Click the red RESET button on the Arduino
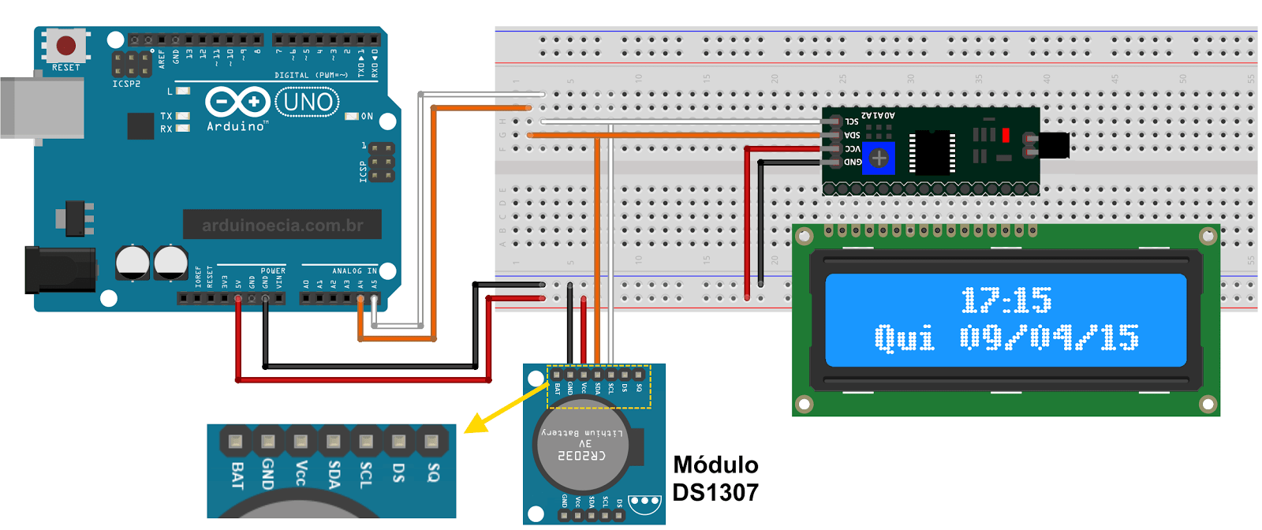tap(66, 45)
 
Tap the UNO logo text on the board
tap(308, 102)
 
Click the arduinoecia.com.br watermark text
tap(282, 226)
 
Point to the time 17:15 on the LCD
tap(1006, 300)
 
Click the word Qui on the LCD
tap(904, 338)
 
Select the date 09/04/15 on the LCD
tap(1049, 338)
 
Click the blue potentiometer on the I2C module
tap(879, 158)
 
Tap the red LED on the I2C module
tap(1006, 136)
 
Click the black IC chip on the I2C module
tap(932, 152)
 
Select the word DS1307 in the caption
tap(715, 493)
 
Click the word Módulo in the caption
tap(715, 465)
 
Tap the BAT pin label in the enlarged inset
tap(237, 475)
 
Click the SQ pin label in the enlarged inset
tap(432, 472)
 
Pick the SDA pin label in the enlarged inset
tap(334, 474)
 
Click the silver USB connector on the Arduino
tap(39, 108)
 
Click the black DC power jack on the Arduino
tap(59, 270)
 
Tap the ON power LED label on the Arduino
tap(367, 116)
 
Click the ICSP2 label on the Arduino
tap(126, 84)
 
